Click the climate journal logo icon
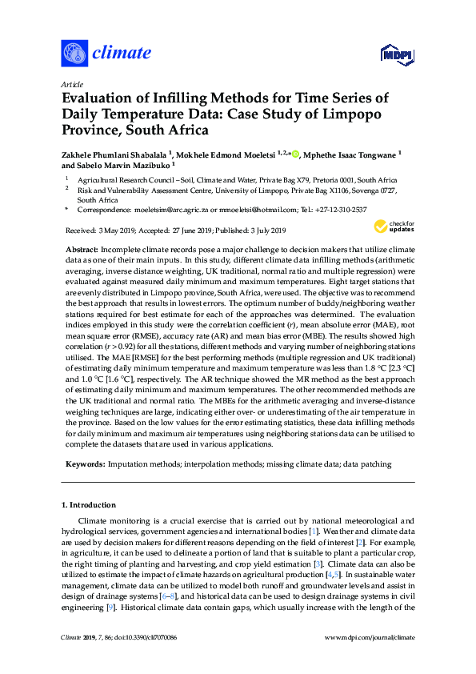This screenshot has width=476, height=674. [74, 54]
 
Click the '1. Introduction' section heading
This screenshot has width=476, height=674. [89, 505]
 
